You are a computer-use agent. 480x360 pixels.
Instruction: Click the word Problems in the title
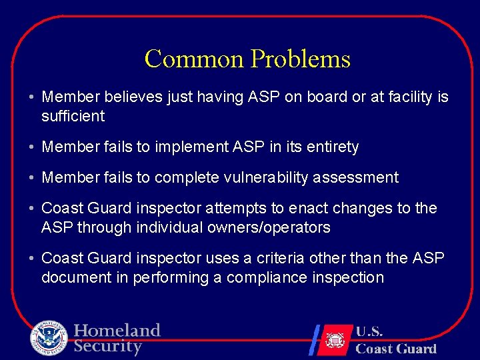point(300,59)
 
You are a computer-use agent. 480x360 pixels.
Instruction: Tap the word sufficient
point(73,117)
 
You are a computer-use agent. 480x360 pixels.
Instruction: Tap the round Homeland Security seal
point(49,338)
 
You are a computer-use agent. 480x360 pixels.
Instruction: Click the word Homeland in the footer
point(117,330)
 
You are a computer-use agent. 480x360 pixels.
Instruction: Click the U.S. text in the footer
point(369,331)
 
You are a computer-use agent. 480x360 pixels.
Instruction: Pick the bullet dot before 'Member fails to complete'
point(32,178)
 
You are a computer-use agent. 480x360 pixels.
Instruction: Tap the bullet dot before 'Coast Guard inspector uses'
point(32,258)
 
